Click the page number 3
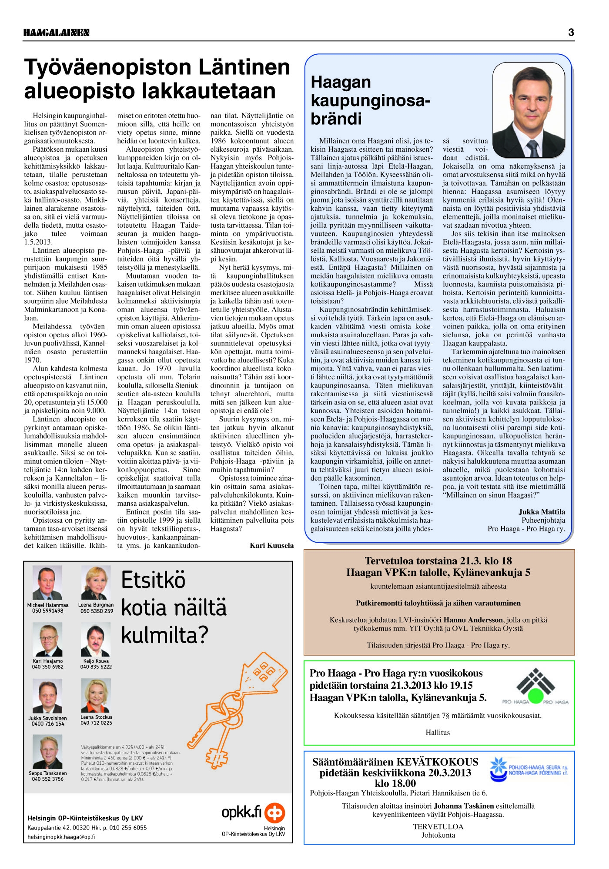click(x=571, y=32)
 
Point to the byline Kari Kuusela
click(x=271, y=546)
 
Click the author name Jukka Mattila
click(x=542, y=511)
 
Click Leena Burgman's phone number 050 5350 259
click(x=96, y=611)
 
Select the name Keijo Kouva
click(x=96, y=661)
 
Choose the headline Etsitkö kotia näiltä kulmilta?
click(x=174, y=608)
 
